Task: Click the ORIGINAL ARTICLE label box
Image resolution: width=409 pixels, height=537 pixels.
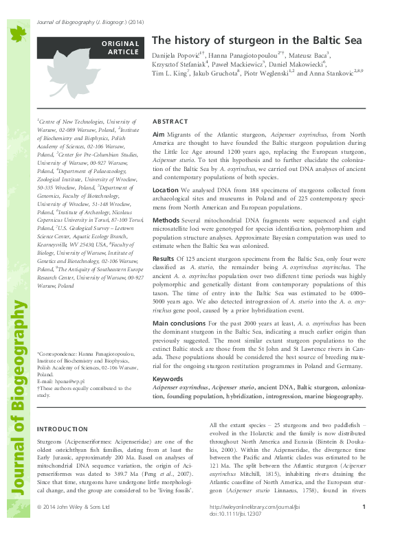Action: click(121, 47)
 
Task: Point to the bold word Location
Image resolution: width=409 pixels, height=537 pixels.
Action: click(166, 189)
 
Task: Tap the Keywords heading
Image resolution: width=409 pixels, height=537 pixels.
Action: click(167, 378)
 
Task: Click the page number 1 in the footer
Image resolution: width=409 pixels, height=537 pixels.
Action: click(363, 526)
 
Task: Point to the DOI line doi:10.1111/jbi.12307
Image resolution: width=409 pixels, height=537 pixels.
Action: click(235, 533)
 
